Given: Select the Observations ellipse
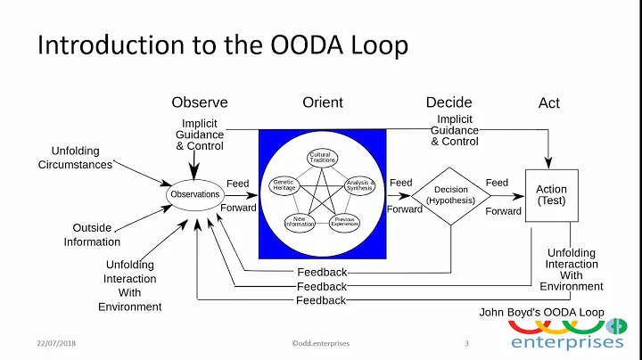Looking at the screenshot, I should pyautogui.click(x=194, y=194).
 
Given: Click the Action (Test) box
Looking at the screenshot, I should pyautogui.click(x=551, y=195).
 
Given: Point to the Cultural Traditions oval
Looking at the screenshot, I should pyautogui.click(x=320, y=158).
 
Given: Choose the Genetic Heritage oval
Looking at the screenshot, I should pyautogui.click(x=284, y=185).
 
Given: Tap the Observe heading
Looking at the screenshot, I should pyautogui.click(x=200, y=102).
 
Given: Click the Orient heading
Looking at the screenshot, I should pyautogui.click(x=322, y=102).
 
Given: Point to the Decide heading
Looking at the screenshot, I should pyautogui.click(x=448, y=102).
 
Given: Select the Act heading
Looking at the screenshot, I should pyautogui.click(x=549, y=103).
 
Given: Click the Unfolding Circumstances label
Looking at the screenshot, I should pyautogui.click(x=75, y=158).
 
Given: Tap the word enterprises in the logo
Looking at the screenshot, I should pyautogui.click(x=567, y=341).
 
